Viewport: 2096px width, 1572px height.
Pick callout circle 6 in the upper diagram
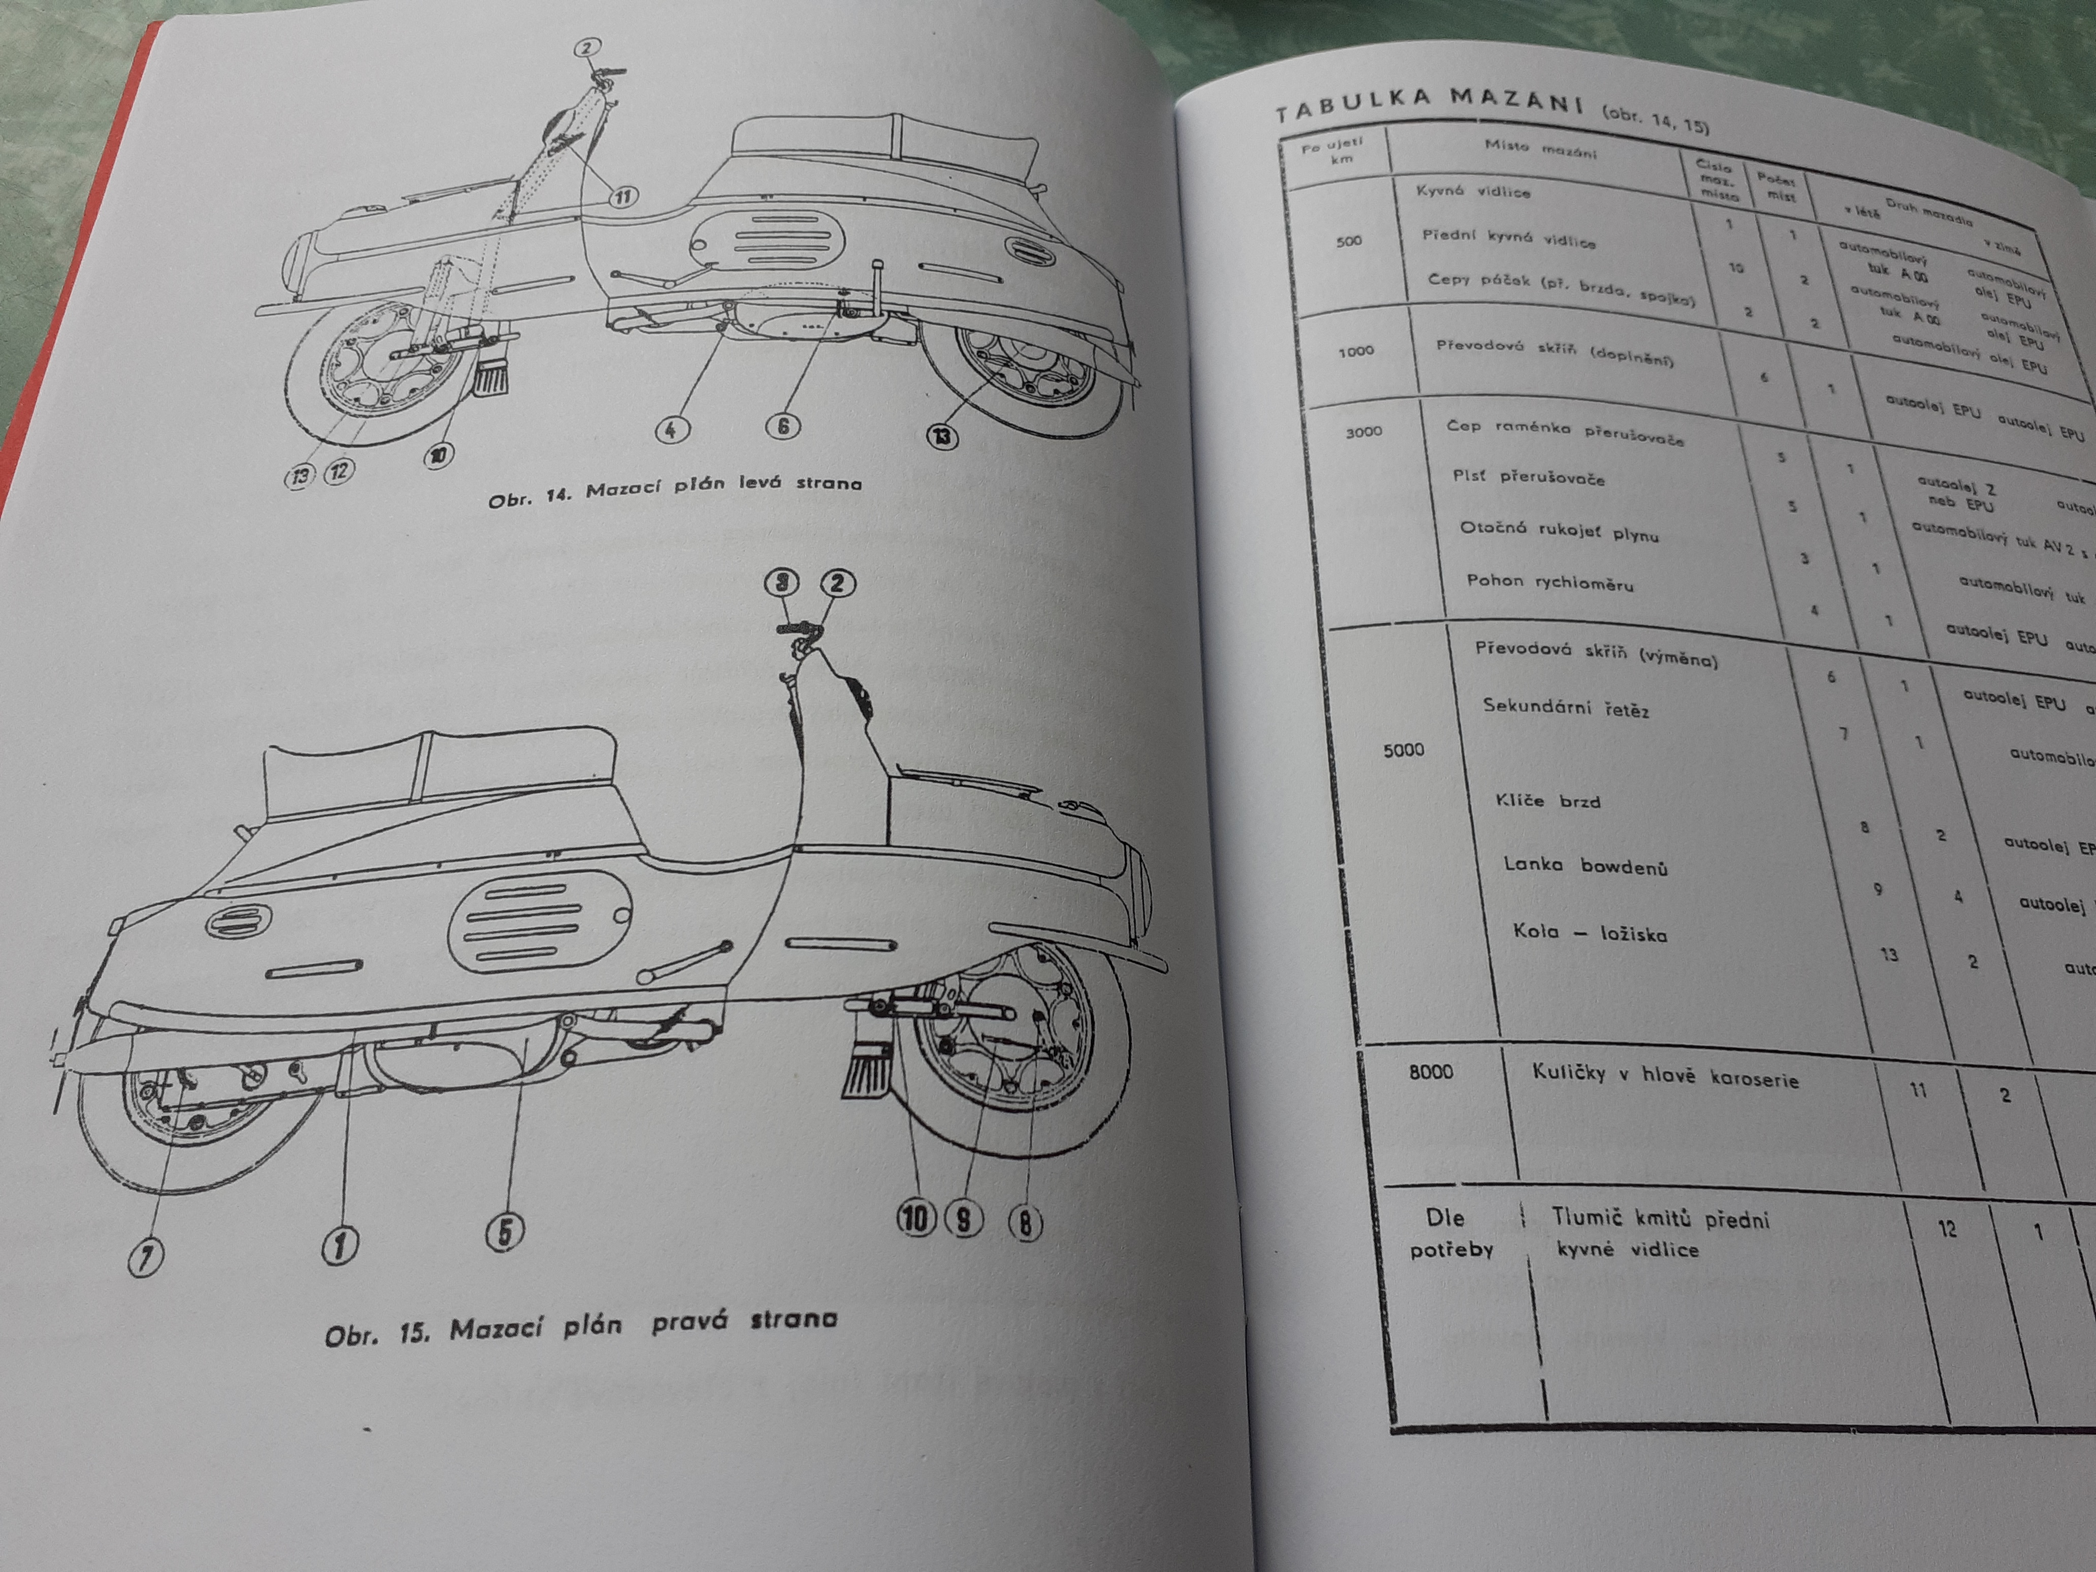click(782, 427)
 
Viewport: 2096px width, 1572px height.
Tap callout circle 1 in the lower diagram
click(340, 1245)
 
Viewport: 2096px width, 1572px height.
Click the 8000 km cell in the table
click(1431, 1072)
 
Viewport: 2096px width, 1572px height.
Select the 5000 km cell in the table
click(1403, 749)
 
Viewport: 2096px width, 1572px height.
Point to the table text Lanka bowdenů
click(1585, 865)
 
